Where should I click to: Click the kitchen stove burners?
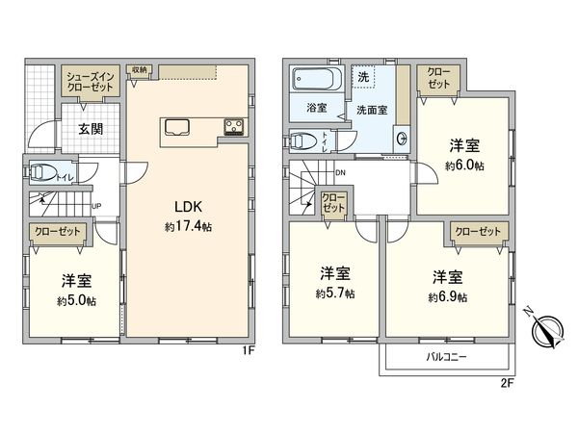point(234,125)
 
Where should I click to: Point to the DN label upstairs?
point(341,173)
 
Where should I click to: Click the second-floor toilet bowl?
point(303,140)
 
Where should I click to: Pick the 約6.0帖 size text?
point(464,166)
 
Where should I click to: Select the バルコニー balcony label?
point(447,358)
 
